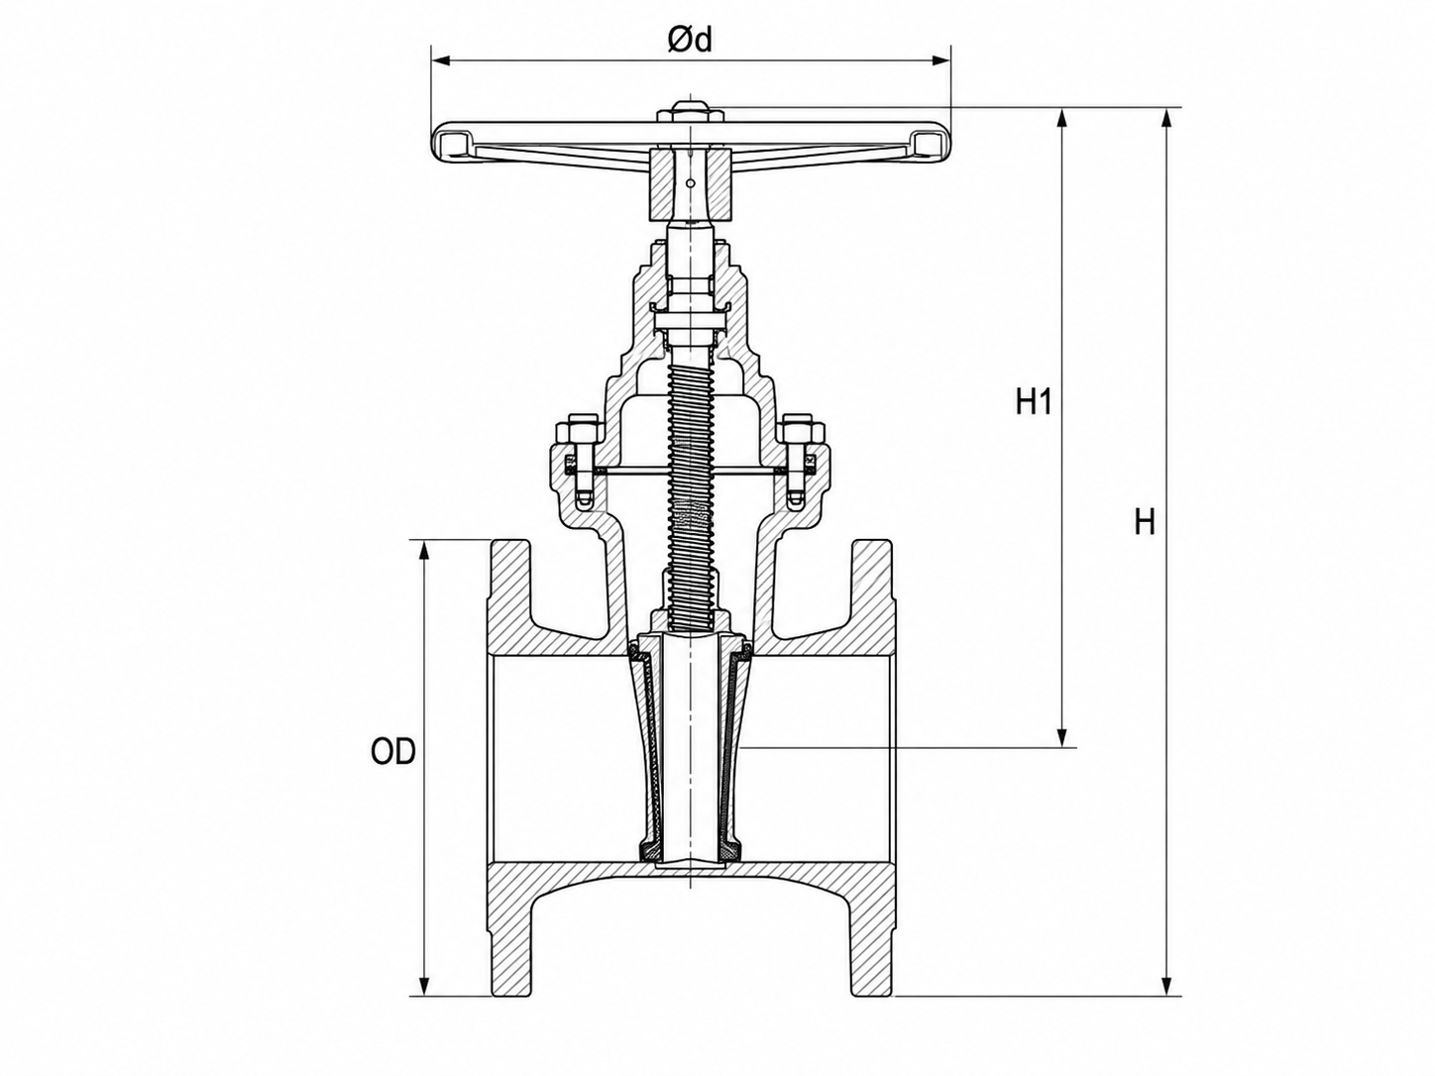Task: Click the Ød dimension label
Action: pos(690,41)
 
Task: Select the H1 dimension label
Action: pos(1034,402)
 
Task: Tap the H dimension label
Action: pos(1145,523)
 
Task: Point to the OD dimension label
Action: pos(392,752)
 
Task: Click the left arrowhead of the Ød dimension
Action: pos(441,60)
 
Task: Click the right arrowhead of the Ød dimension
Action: pos(941,60)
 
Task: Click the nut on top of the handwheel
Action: pos(691,111)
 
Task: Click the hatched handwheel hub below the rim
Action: pos(690,184)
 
